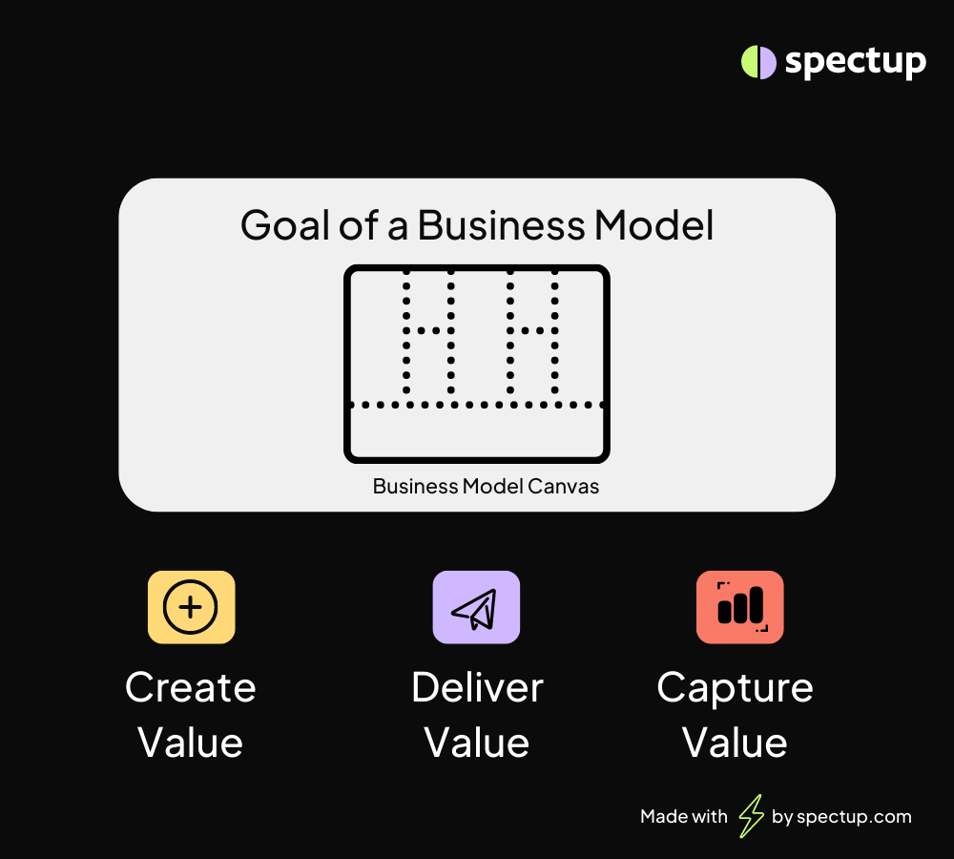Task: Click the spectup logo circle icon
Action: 758,62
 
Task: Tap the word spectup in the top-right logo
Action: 856,62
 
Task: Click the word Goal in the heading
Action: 286,225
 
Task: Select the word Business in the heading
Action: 501,225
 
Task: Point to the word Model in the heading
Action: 654,225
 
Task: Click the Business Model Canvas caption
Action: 486,487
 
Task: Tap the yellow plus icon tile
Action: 191,607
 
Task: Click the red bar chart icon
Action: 740,607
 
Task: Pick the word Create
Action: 191,688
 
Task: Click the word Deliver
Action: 477,688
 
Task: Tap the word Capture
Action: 735,689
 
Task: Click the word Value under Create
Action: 191,743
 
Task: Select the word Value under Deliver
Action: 476,743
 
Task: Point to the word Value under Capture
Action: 735,743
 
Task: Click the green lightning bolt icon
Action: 751,816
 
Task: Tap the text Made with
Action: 684,816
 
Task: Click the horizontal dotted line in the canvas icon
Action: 476,405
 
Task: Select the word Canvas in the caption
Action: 564,487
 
